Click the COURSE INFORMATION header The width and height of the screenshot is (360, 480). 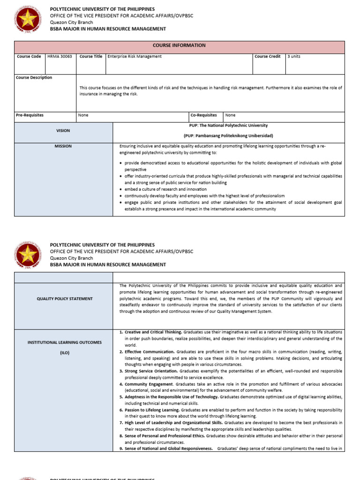(179, 45)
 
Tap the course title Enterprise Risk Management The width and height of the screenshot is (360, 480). (135, 56)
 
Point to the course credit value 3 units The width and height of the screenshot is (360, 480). (293, 56)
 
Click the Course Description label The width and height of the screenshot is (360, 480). (34, 78)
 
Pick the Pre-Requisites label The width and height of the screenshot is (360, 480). (30, 115)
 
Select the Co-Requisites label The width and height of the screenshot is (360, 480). (204, 115)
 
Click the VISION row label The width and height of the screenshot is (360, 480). (63, 131)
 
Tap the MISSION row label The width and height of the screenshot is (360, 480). (63, 146)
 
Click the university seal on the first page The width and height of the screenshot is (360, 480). (28, 19)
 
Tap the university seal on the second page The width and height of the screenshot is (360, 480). (28, 255)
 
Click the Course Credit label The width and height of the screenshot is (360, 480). (268, 56)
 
